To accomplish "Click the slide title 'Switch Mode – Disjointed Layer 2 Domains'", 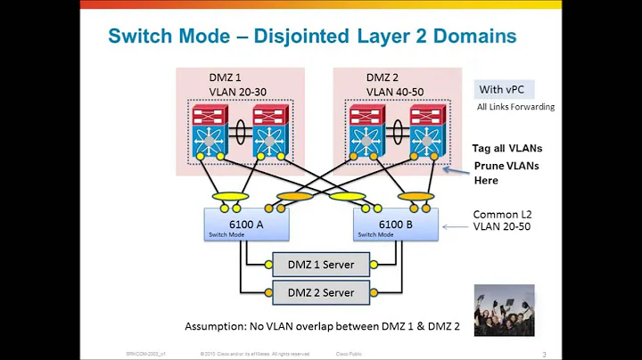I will click(x=311, y=36).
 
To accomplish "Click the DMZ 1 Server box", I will click(x=320, y=265).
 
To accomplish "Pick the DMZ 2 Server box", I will click(x=320, y=292).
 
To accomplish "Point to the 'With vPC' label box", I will click(x=501, y=88).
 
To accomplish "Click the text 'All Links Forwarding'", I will click(x=516, y=107).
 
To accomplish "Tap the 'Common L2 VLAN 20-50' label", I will click(x=501, y=221).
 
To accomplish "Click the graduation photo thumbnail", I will click(x=504, y=309).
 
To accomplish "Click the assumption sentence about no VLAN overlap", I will click(x=322, y=327).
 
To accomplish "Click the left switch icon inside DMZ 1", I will click(x=210, y=133).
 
